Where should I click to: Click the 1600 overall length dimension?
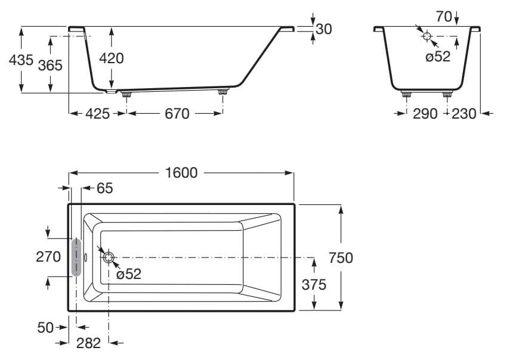point(181,173)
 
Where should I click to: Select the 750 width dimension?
point(341,257)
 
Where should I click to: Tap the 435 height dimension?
point(21,60)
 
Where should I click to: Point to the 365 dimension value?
point(50,65)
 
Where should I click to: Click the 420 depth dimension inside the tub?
point(111,58)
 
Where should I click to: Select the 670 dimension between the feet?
point(177,113)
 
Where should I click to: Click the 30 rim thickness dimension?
point(323,29)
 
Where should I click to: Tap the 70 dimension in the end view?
point(443,17)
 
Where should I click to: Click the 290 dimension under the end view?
point(425,113)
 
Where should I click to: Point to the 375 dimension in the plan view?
point(313,284)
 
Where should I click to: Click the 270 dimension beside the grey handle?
point(48,257)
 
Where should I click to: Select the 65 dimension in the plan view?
point(104,188)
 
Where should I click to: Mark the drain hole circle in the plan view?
point(109,257)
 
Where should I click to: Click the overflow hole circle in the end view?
point(427,36)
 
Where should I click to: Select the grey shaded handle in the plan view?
point(75,257)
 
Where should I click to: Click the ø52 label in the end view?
point(438,57)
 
